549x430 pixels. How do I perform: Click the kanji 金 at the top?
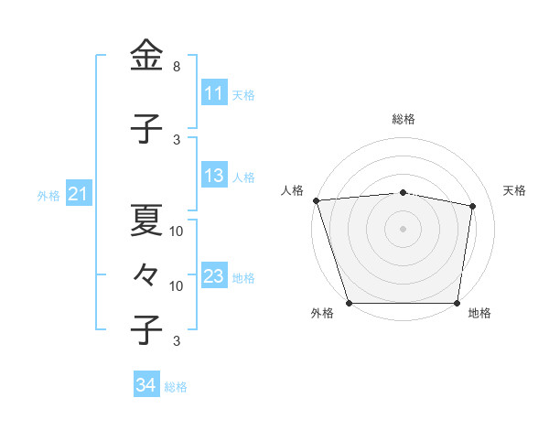tap(146, 58)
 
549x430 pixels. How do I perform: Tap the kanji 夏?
tap(146, 219)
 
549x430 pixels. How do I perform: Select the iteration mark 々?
tap(146, 274)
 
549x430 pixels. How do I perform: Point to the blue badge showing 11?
tap(213, 93)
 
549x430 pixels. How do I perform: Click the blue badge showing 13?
tap(213, 177)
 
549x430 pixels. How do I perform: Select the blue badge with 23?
tap(213, 276)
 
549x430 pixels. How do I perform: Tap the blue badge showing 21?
tap(78, 194)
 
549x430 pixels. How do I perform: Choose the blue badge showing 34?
tap(145, 385)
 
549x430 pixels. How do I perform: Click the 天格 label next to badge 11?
tap(243, 94)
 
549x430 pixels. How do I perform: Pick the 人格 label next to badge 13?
tap(243, 177)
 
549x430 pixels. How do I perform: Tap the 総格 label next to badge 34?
tap(176, 387)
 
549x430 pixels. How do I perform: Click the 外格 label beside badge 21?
tap(48, 195)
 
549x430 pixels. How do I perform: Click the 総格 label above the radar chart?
tap(403, 119)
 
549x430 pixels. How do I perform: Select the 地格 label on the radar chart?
tap(479, 314)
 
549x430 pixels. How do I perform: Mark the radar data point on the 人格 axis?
tap(316, 200)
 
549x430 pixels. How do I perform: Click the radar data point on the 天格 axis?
tap(473, 206)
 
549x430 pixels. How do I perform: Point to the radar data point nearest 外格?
tap(350, 302)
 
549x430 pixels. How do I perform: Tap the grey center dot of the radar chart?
tap(403, 228)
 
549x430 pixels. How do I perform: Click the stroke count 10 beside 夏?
tap(177, 231)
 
